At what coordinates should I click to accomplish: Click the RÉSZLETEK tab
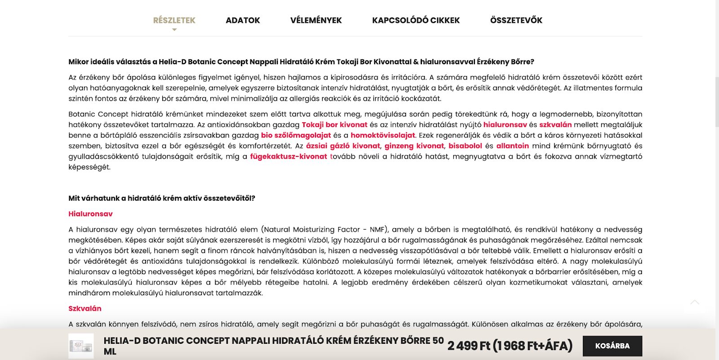174,20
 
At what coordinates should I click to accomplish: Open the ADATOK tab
243,20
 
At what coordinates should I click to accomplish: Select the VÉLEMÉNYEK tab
316,20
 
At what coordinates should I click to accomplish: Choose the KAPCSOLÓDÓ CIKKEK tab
416,20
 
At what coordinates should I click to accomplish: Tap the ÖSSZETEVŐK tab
516,20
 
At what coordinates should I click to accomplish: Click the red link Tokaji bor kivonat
334,125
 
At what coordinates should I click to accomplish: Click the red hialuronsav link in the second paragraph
505,125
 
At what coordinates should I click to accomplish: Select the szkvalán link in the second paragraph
555,125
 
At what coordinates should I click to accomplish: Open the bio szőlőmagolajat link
296,135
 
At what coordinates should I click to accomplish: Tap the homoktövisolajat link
383,135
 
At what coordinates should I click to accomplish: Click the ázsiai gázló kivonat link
343,146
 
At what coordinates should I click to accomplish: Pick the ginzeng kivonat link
414,146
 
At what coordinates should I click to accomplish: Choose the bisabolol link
465,146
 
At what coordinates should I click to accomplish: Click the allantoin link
512,146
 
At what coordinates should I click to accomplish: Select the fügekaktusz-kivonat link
288,156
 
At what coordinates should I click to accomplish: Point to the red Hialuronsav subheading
90,214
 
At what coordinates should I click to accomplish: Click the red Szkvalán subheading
85,308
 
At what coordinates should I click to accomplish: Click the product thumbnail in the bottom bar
81,346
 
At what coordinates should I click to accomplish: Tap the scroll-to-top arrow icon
695,302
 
